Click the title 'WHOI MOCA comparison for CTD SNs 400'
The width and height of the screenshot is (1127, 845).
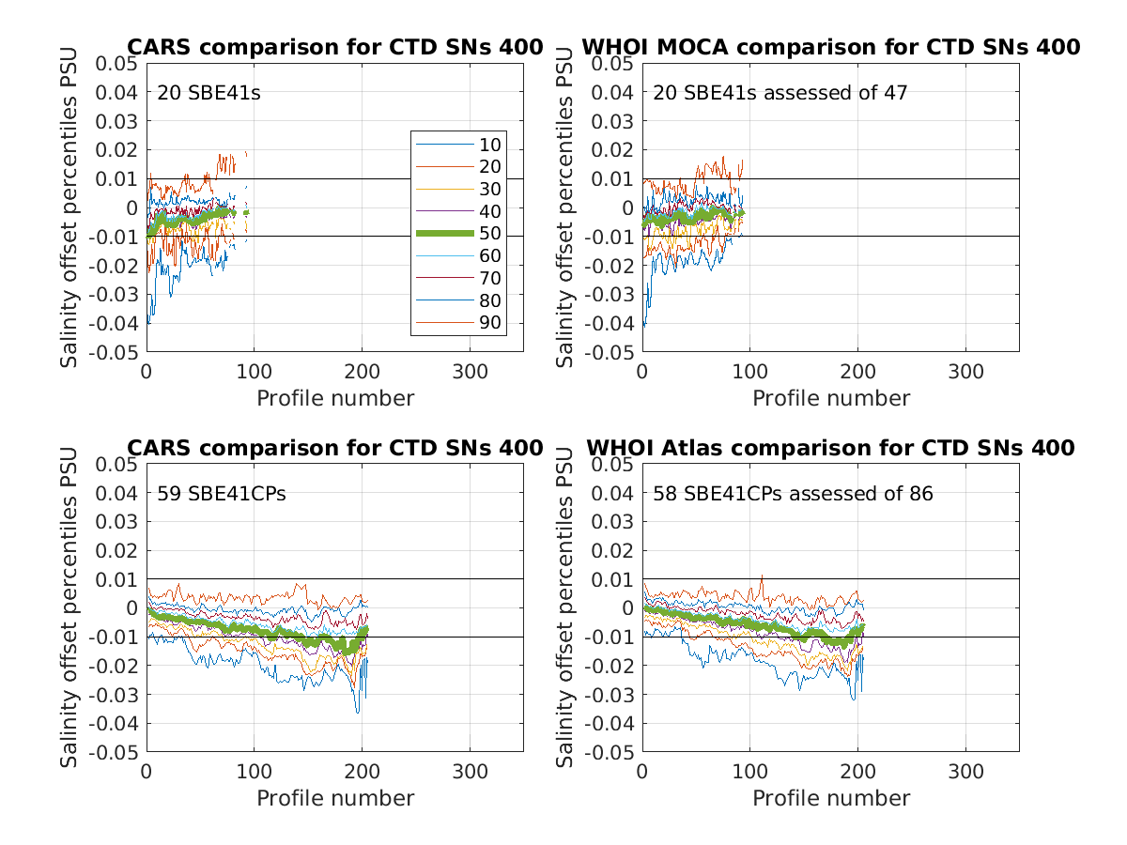click(831, 47)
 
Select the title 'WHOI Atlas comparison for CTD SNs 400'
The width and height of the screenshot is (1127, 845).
click(831, 448)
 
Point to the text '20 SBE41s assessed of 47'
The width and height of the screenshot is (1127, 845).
click(780, 93)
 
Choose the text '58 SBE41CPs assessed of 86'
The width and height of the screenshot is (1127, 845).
click(794, 494)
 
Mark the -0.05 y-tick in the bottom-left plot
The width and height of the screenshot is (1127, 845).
click(114, 753)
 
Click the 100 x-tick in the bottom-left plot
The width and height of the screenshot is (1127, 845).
click(254, 773)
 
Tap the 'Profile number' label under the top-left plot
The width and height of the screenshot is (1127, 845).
click(335, 398)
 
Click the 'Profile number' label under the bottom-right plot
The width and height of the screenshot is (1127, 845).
click(831, 799)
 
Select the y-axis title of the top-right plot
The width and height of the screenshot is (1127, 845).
click(566, 207)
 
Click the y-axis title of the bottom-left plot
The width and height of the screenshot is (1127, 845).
click(70, 608)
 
